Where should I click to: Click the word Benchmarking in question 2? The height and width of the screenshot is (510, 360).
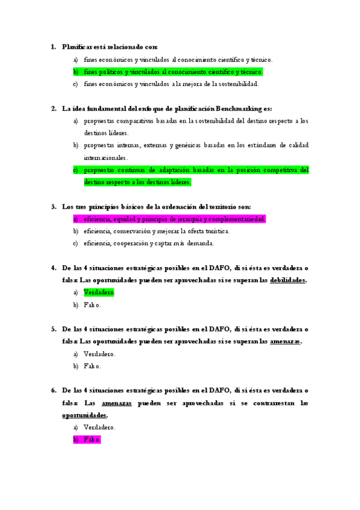coord(239,109)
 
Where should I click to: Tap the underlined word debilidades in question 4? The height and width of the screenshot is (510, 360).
coord(288,280)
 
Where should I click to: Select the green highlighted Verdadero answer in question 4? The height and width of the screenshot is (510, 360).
coord(99,292)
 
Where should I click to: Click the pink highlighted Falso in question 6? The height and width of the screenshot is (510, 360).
coord(92,440)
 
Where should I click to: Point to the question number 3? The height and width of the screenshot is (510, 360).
coord(53,207)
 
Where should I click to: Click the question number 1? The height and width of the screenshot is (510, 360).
coord(53,47)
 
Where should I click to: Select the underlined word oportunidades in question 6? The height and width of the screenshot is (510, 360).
coord(84,415)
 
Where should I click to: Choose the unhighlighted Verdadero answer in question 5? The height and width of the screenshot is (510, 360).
coord(99,354)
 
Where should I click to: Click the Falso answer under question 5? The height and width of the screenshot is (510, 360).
coord(92,366)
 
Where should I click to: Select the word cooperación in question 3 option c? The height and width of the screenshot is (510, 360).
coord(128,244)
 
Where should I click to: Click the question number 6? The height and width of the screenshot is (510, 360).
coord(53,390)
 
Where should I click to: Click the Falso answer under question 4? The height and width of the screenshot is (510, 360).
coord(92,305)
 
